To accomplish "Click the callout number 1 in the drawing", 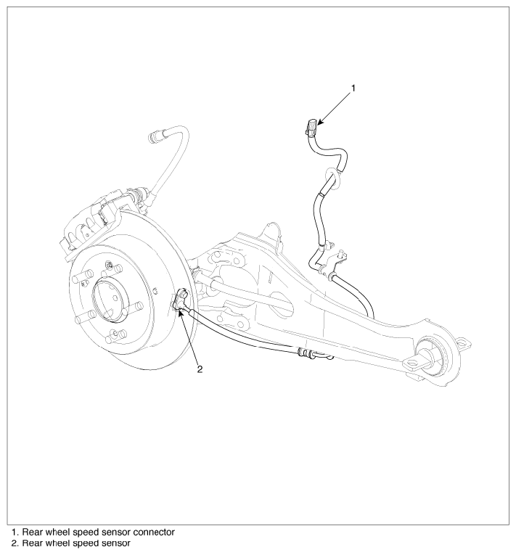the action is (x=353, y=88).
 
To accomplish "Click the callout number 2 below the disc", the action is (x=200, y=369).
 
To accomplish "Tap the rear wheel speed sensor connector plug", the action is (x=311, y=127).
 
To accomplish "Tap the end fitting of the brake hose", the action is (x=155, y=136).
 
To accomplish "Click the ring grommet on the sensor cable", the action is (x=332, y=176).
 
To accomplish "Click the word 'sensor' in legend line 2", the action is (x=115, y=543).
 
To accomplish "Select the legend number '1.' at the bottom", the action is (x=15, y=532).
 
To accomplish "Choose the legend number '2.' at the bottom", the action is (x=15, y=543).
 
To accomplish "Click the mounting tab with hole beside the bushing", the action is (x=413, y=364).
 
